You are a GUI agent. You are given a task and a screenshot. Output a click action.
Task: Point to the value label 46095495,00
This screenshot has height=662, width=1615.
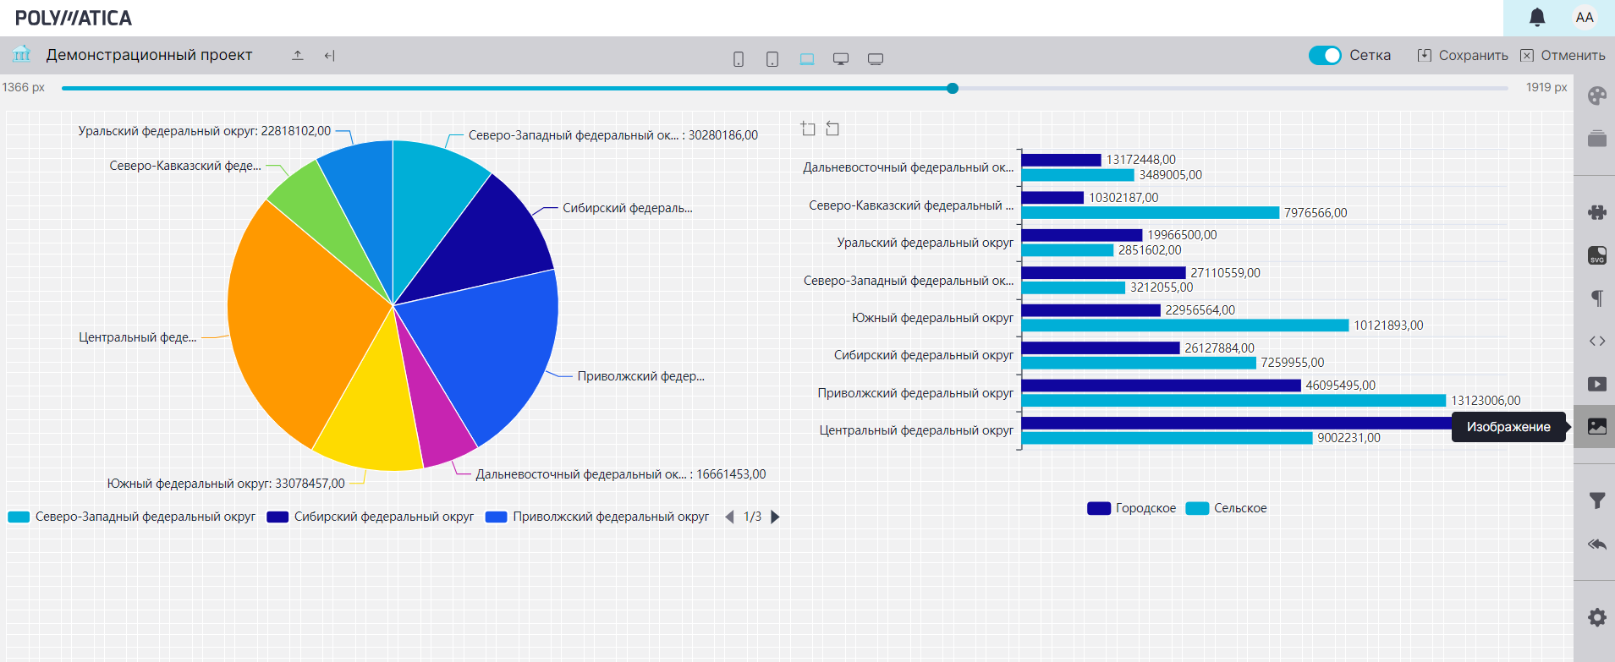coord(1340,386)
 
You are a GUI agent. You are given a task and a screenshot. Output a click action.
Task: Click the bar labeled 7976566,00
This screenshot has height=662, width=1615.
coord(1150,213)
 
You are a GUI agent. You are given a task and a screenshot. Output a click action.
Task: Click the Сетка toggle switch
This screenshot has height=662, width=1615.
coord(1325,55)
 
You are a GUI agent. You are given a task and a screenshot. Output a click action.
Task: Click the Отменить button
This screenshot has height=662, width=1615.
coord(1563,55)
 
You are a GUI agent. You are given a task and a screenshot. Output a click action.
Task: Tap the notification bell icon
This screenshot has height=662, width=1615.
coord(1537,17)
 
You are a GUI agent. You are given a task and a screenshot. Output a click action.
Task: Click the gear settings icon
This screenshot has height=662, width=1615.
coord(1596,617)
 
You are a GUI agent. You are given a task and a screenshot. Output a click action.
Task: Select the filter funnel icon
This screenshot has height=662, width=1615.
coord(1596,501)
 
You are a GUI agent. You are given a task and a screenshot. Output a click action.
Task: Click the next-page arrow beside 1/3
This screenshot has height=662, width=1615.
coord(775,517)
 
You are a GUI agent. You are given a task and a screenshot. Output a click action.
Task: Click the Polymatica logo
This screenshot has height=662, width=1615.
coord(74,18)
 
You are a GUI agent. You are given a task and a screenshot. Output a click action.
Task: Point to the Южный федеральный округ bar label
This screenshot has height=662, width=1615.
coord(931,318)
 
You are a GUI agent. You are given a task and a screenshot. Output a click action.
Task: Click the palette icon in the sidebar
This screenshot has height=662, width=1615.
coord(1596,96)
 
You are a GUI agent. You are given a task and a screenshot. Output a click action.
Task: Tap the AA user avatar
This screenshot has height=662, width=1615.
coord(1585,17)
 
